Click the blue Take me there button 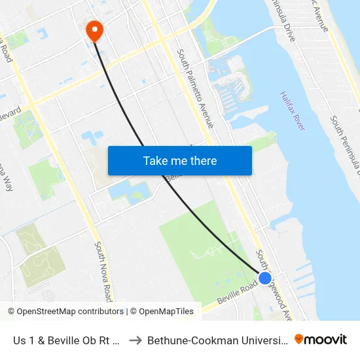[x=180, y=160]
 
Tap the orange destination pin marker [x=94, y=29]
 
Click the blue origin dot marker [x=265, y=278]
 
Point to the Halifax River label [x=292, y=111]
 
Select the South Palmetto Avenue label [x=195, y=88]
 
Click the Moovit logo [x=320, y=340]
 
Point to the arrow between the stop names [x=136, y=340]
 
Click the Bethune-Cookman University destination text [x=216, y=340]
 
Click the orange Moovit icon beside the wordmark [x=299, y=340]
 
